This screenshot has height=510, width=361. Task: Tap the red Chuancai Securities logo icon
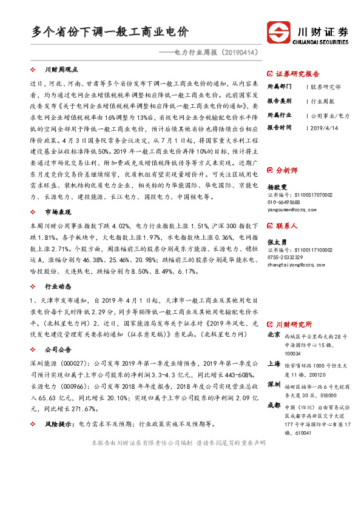pos(278,32)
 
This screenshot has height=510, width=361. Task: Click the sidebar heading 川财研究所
pos(294,324)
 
